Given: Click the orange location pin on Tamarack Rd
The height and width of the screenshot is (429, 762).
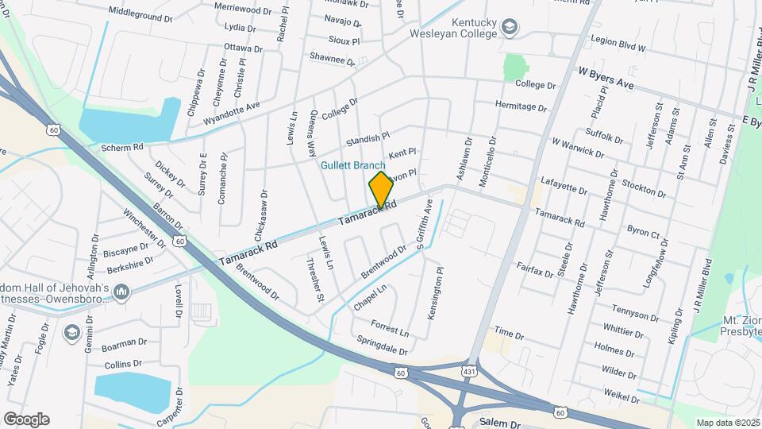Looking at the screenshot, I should [381, 189].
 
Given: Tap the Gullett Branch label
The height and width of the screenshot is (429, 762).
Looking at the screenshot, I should [353, 165].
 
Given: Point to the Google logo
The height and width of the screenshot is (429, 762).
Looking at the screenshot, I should [26, 419].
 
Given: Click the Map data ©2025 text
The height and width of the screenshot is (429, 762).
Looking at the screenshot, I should [727, 423].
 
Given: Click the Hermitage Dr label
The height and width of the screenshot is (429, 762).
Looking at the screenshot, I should [521, 106].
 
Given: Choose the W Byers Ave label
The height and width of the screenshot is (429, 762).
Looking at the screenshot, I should [606, 77].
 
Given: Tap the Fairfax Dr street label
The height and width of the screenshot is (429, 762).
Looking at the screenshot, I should [534, 271].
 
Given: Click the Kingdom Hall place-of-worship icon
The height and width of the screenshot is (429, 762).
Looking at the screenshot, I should [121, 293].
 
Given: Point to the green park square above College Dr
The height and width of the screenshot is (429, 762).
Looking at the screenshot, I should [516, 67].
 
